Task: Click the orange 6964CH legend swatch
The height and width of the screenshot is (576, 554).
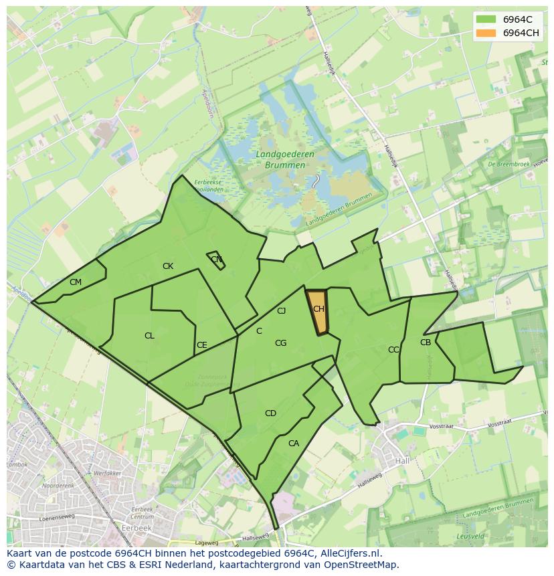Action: pos(486,33)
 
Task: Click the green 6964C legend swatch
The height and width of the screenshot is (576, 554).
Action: pos(486,19)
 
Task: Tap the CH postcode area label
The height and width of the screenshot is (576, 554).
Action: pos(318,309)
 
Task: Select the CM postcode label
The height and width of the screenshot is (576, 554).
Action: pos(76,282)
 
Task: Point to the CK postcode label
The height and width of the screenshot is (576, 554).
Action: pos(168,266)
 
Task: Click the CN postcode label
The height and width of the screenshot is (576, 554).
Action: pos(216,260)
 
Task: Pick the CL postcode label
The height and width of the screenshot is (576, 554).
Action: pos(149,336)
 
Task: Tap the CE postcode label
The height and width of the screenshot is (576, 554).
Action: pos(201,345)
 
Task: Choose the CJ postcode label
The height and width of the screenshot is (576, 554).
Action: pos(282,310)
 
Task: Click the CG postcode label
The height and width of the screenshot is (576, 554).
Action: pos(280,343)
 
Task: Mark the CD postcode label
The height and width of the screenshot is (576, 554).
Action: pos(270,413)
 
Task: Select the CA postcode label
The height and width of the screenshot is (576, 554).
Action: pos(294,443)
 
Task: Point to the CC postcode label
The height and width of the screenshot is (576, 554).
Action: pos(393,350)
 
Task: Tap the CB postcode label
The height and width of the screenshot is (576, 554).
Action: pos(426,343)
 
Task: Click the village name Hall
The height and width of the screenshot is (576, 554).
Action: pos(402,461)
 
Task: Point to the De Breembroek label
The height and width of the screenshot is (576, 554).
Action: pos(510,164)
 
